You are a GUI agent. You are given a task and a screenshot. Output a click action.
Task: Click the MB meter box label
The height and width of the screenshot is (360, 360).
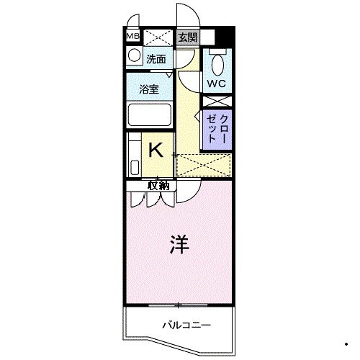click(x=132, y=36)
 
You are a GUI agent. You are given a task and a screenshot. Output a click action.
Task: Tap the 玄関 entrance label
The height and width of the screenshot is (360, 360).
click(x=187, y=37)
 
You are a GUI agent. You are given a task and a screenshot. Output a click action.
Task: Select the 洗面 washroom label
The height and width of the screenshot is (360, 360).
click(x=156, y=59)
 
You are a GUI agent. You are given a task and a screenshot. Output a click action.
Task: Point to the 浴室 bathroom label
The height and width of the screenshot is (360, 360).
click(x=149, y=89)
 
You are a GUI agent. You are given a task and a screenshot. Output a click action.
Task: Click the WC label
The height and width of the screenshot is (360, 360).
click(x=217, y=84)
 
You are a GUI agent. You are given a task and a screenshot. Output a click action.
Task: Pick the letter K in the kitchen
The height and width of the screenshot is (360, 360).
click(x=156, y=150)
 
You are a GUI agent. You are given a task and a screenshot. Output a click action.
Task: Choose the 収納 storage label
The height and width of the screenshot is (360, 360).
click(x=158, y=186)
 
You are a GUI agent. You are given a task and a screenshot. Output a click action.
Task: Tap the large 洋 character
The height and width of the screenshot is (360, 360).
click(x=179, y=244)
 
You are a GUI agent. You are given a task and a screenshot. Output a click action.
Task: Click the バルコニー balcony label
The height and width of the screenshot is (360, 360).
click(x=186, y=325)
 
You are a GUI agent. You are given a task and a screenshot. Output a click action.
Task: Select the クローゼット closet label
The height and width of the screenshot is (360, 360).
click(x=217, y=129)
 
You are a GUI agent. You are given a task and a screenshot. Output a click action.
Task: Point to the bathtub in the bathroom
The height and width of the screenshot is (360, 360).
click(x=149, y=115)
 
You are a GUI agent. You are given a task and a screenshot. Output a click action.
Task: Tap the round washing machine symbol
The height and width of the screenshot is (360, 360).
click(x=134, y=55)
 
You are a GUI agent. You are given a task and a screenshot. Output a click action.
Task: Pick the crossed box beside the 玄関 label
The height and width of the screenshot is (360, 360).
click(x=158, y=37)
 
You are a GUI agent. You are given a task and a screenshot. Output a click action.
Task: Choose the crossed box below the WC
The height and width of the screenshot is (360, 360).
click(x=217, y=102)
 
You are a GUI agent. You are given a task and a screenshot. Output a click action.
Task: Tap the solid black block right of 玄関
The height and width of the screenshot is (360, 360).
click(x=225, y=36)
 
